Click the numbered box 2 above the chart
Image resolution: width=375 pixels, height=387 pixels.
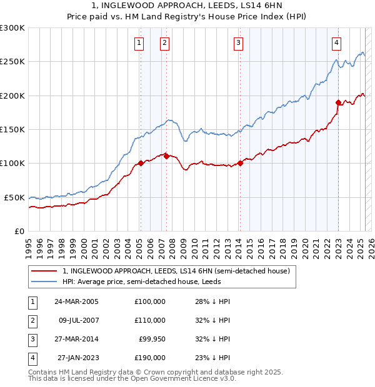coord(164,43)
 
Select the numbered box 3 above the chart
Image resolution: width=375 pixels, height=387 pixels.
coord(239,43)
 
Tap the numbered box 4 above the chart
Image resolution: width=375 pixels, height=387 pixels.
coord(336,43)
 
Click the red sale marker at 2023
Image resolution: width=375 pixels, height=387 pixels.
coord(338,102)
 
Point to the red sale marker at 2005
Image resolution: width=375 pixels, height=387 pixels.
coord(141,163)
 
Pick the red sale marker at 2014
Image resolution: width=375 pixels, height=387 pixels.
coord(240,164)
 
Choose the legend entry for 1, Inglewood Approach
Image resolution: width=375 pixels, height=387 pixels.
coord(176,272)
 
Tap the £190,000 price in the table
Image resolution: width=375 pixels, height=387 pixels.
coord(150,358)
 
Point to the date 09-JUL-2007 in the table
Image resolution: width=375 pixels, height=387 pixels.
coord(77,320)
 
